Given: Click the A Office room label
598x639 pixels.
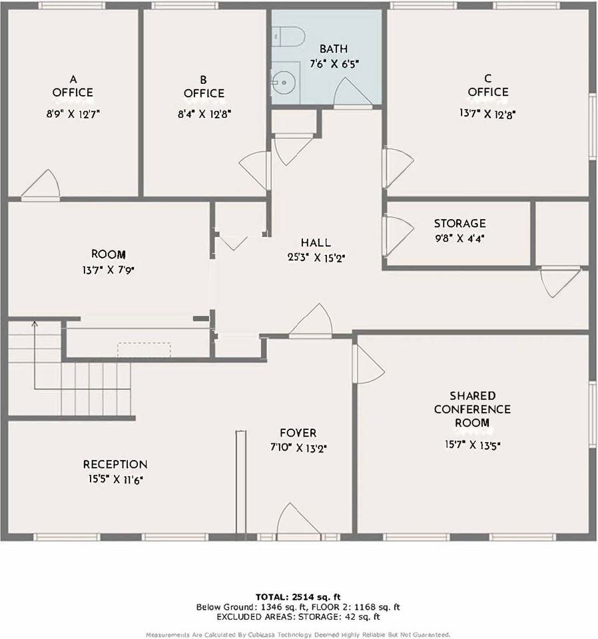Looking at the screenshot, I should point(73,86).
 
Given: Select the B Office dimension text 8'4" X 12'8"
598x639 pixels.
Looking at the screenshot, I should point(204,114).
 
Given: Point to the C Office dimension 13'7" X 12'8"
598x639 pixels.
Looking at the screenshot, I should point(487,114).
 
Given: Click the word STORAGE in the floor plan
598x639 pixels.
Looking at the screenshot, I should point(459,224).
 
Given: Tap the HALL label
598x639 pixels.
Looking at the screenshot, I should point(316,243).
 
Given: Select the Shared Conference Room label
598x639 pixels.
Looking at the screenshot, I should point(472,409).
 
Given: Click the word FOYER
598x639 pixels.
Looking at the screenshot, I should point(298,433).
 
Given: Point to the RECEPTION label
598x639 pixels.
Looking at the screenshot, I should point(115,464).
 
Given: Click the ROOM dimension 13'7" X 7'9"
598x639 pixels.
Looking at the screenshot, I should point(109,270).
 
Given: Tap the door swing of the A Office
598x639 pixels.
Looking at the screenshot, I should point(43,186).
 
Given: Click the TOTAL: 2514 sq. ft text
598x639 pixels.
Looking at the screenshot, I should point(298,596).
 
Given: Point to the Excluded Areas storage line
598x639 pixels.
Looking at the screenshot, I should point(298,616).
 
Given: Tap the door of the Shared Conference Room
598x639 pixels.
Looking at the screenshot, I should point(368,365).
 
